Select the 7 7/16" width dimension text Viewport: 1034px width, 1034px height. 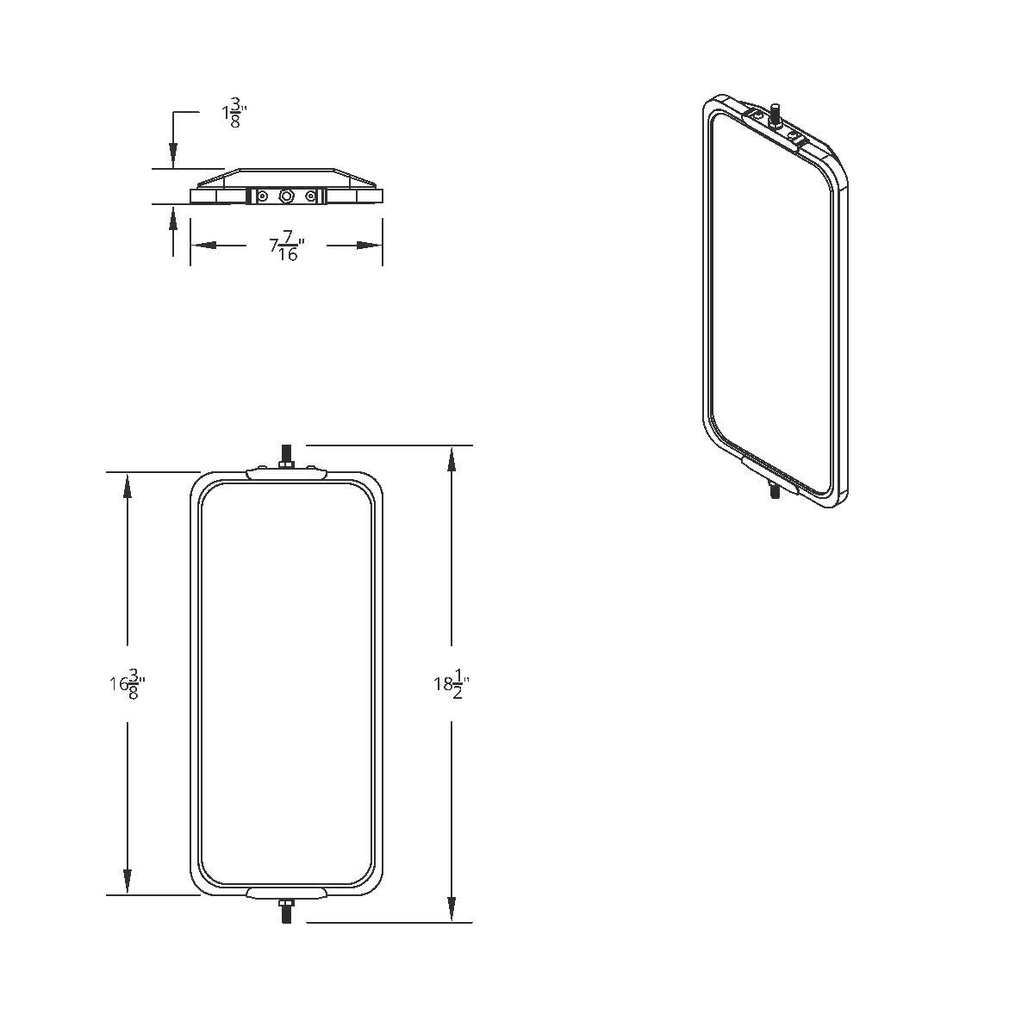pos(287,246)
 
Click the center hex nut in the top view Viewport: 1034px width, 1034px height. pos(286,196)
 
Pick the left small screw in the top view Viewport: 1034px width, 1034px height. pos(262,196)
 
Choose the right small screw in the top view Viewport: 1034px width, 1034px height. pos(309,196)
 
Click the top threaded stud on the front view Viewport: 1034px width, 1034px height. pos(286,455)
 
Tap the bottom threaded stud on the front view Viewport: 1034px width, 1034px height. pos(286,913)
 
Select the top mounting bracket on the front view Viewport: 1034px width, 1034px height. pos(286,473)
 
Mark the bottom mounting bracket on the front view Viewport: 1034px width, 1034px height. pos(286,893)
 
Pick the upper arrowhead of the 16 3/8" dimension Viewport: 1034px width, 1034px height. pos(128,485)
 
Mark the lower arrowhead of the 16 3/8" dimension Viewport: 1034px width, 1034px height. pos(128,882)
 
